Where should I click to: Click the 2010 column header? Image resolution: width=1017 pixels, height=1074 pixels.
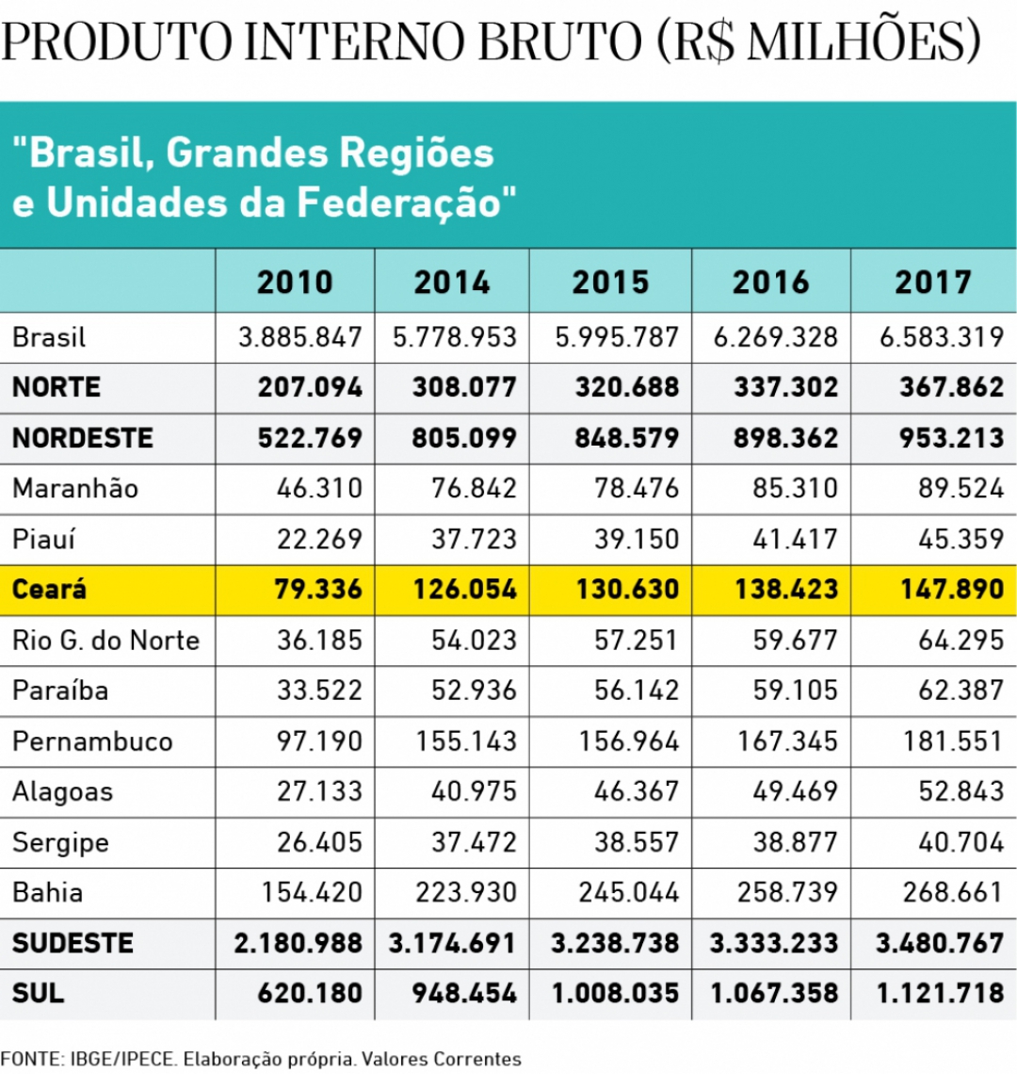click(295, 282)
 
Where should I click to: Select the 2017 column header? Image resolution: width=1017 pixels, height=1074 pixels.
click(932, 282)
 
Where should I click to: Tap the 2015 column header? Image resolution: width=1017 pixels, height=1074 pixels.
click(610, 282)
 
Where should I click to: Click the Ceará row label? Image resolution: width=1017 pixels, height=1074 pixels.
click(49, 590)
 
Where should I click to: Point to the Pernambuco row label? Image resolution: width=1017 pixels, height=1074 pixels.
click(92, 741)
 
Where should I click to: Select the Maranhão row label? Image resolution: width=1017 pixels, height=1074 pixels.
click(75, 488)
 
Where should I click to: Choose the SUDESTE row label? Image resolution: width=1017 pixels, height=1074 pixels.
click(73, 943)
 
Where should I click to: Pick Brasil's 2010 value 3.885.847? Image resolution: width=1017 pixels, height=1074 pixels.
click(299, 336)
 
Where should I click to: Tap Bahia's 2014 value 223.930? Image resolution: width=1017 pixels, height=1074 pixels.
click(474, 892)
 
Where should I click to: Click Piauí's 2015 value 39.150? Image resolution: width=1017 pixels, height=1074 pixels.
click(636, 539)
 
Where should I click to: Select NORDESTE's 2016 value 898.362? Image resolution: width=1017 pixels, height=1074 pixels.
click(785, 438)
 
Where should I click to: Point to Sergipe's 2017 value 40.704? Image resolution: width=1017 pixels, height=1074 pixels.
click(961, 842)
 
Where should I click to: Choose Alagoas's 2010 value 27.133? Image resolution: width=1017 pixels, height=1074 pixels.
click(319, 791)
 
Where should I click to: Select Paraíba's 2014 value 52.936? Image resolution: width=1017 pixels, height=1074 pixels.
click(474, 691)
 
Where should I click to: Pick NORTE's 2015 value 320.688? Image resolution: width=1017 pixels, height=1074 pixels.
click(626, 387)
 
